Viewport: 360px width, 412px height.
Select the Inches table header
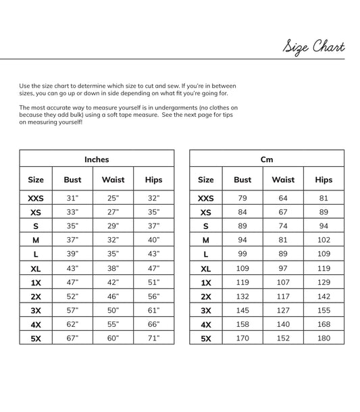pos(97,159)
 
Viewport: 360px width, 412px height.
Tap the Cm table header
pos(267,159)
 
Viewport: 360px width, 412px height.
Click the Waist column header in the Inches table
pos(113,180)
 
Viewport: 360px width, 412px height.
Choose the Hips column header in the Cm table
pos(324,180)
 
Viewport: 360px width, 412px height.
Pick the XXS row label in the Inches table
pos(36,199)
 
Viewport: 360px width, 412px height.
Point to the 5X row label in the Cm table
pos(206,338)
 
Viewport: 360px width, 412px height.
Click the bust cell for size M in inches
pos(72,240)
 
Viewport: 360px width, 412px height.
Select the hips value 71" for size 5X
pos(153,338)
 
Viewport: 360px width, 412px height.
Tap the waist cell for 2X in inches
pos(113,296)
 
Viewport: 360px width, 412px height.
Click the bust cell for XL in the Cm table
pos(242,268)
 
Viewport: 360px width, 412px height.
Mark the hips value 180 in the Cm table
pos(324,338)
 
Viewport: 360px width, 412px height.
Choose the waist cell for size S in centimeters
pos(283,226)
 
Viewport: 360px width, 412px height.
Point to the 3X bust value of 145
pos(242,310)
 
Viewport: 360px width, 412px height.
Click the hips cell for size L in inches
pos(153,254)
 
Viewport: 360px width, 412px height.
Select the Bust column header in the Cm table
pos(242,180)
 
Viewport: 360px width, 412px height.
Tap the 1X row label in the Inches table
pos(36,282)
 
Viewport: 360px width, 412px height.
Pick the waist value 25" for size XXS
pos(113,199)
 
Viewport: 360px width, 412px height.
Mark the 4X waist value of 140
pos(283,324)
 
